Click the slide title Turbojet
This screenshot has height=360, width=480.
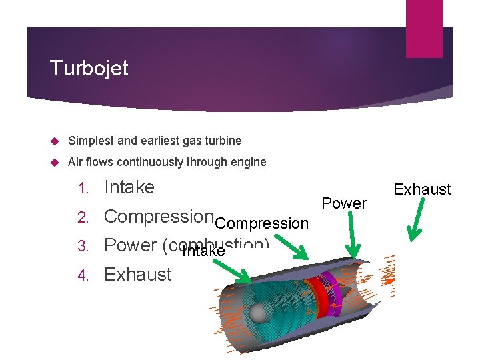click(x=89, y=68)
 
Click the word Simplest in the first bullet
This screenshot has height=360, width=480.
click(x=89, y=141)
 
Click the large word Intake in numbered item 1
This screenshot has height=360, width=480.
click(x=129, y=187)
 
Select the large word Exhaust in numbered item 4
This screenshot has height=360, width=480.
click(x=138, y=274)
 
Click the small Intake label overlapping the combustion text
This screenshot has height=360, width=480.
click(x=203, y=252)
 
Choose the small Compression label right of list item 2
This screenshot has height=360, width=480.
click(x=262, y=223)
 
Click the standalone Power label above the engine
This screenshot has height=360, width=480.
click(x=344, y=203)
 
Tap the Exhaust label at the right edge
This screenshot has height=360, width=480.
click(x=422, y=190)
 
